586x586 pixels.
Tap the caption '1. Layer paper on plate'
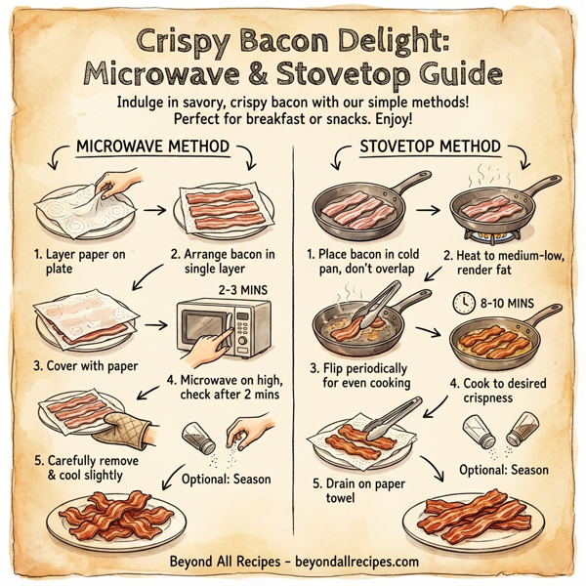point(75,262)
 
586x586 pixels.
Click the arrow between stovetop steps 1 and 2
point(427,209)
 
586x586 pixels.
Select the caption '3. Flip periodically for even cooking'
point(369,376)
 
